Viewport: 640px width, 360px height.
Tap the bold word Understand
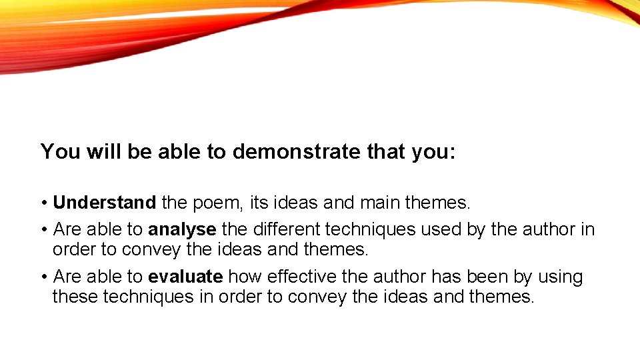click(x=105, y=202)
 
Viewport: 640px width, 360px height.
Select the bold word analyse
click(x=182, y=230)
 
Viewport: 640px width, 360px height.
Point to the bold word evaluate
click(x=185, y=277)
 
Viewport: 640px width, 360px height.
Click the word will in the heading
click(x=103, y=152)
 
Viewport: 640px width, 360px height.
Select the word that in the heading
click(x=386, y=152)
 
